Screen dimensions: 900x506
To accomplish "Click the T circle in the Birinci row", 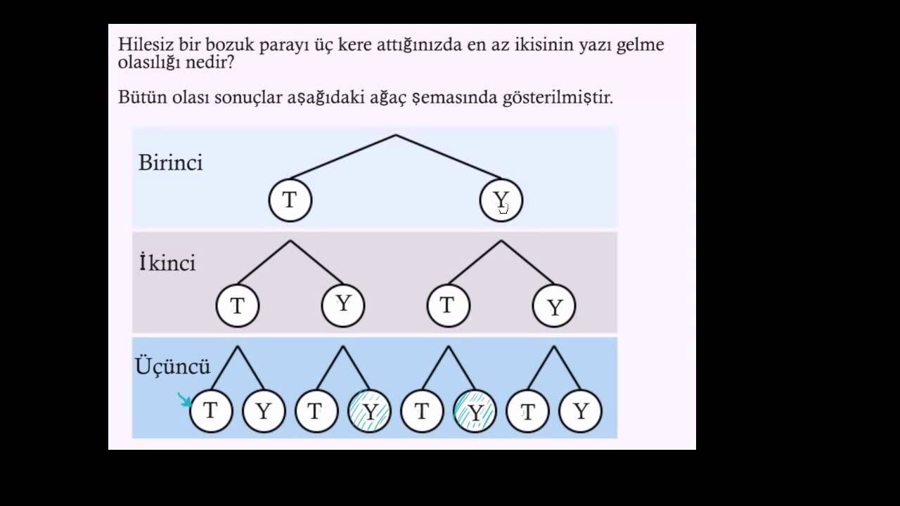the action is [290, 200].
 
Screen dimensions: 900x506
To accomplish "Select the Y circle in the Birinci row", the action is [501, 200].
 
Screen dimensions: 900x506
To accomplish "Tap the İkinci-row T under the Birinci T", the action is [238, 306].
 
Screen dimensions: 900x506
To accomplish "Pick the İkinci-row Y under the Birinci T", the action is [343, 305].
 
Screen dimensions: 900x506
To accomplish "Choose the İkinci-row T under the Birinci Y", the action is [449, 306].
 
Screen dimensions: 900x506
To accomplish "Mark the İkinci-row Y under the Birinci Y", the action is [554, 306].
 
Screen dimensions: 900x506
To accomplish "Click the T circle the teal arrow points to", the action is [210, 411].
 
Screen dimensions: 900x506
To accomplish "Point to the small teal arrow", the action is [185, 400].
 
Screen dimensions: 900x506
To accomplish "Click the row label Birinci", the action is [170, 163].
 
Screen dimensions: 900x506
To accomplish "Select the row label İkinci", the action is [167, 264].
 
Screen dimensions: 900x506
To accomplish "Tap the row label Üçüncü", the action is [172, 366].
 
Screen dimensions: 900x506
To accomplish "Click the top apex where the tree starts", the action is [396, 135].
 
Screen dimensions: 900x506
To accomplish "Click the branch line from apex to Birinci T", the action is [342, 157].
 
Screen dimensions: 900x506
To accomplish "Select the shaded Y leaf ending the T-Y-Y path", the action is [369, 411].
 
